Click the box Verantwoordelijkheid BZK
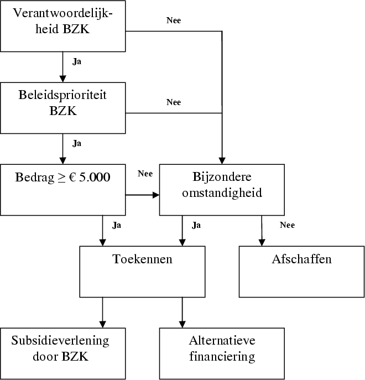tap(64, 25)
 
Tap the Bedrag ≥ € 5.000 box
tap(64, 189)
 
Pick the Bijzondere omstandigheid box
tap(222, 189)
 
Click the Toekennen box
tap(142, 272)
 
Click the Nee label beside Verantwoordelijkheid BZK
tap(174, 20)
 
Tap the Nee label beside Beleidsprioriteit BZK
tap(174, 102)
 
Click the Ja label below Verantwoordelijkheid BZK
tap(77, 61)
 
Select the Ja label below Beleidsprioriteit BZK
tap(77, 143)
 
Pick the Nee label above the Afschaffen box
tap(288, 225)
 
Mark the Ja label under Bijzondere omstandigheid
tap(196, 225)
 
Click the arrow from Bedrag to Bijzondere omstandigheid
tap(143, 195)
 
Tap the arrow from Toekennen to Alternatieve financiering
tap(182, 313)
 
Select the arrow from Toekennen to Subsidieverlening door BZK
tap(103, 313)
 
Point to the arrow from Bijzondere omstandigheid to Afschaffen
tap(262, 230)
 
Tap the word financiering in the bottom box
tap(222, 356)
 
